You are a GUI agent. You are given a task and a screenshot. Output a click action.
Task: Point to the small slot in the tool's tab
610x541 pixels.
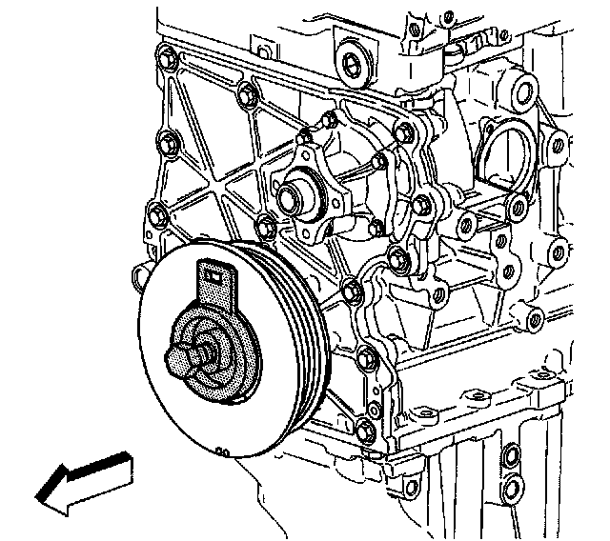[213, 276]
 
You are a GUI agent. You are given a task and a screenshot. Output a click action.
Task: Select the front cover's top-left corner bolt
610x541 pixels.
[168, 59]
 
